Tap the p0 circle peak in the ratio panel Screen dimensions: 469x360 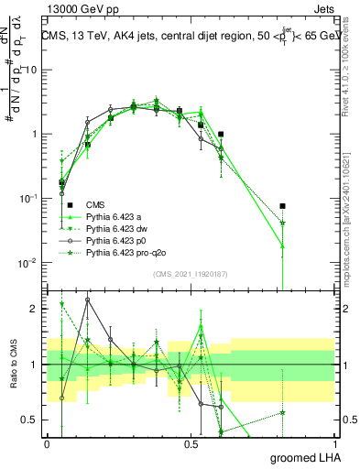point(88,300)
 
